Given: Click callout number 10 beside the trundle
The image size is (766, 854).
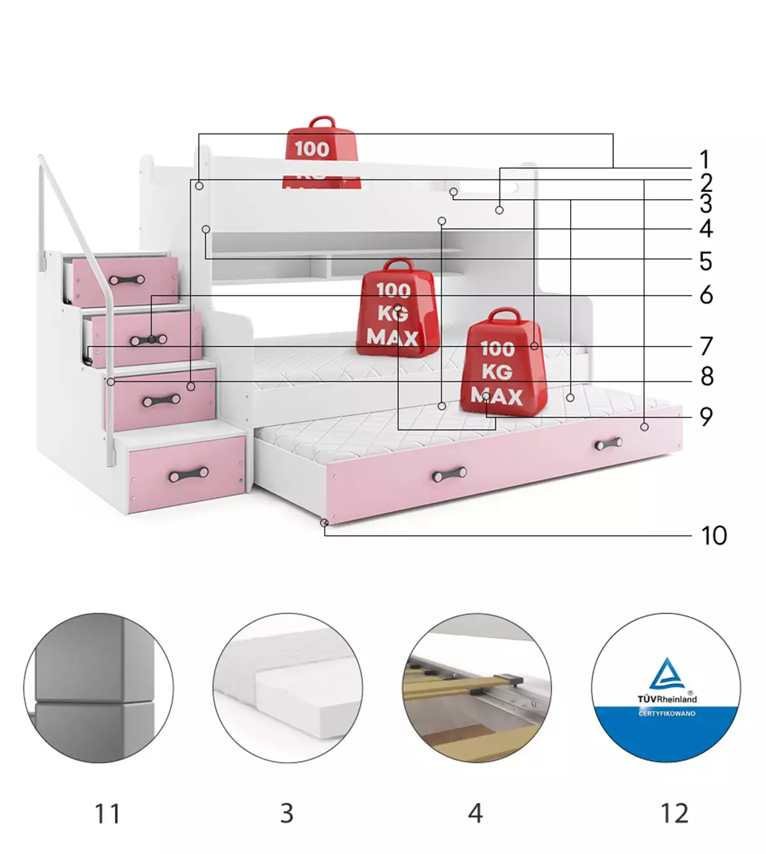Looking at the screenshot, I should click(x=714, y=536).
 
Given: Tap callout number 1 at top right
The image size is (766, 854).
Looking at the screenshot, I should click(x=704, y=160).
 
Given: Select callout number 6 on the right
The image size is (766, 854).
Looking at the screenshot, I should click(x=705, y=295).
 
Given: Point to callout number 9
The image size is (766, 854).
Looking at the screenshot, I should click(x=705, y=417).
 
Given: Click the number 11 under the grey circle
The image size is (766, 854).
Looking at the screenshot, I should click(x=107, y=814).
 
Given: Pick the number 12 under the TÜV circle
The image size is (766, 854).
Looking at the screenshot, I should click(x=674, y=814).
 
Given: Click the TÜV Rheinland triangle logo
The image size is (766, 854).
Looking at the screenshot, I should click(x=666, y=674).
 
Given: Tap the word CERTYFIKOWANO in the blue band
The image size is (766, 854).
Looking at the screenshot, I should click(x=667, y=714).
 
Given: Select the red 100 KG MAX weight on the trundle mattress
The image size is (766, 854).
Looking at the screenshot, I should click(x=503, y=364).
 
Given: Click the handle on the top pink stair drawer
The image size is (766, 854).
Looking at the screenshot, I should click(x=128, y=280).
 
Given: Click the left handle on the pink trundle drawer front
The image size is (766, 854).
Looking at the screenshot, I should click(x=449, y=474).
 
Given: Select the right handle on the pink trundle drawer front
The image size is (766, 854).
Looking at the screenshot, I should click(x=608, y=443).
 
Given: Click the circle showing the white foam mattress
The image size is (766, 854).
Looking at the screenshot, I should click(x=287, y=688).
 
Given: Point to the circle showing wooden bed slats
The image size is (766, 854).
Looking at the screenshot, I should click(x=476, y=688).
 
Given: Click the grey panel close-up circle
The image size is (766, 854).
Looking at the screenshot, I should click(x=98, y=688).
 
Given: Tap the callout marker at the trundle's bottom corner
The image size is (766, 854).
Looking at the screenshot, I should click(x=324, y=523).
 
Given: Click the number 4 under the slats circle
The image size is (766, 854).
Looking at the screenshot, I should click(x=475, y=814).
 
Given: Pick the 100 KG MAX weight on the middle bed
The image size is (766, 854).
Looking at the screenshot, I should click(x=397, y=305).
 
